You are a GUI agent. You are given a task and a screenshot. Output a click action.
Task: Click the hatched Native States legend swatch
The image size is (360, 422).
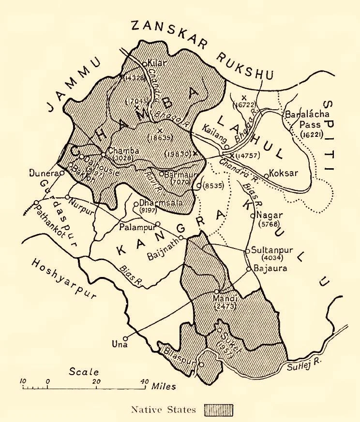click(220, 410)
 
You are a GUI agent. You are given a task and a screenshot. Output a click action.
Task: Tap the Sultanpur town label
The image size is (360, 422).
click(270, 251)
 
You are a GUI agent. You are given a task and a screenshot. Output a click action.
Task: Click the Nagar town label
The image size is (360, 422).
click(268, 215)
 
